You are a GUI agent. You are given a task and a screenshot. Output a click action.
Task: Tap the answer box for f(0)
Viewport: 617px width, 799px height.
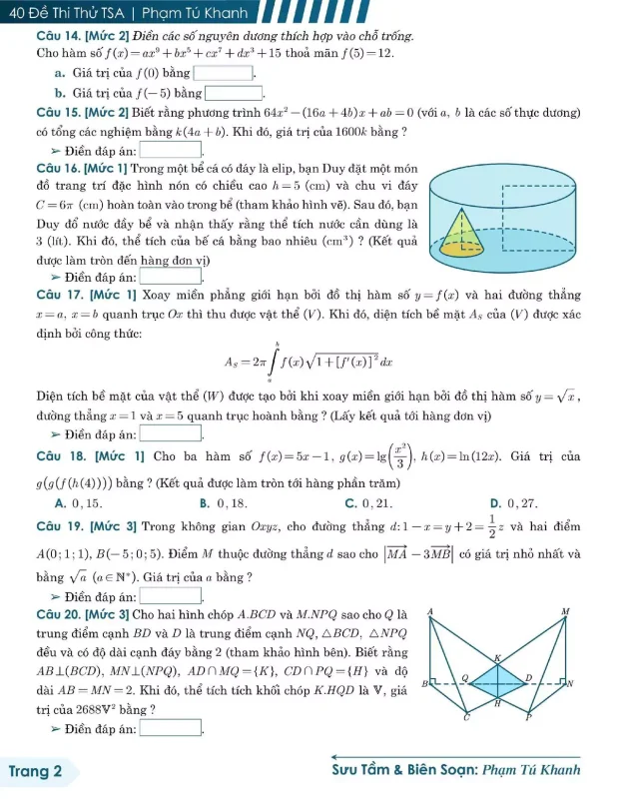click(x=225, y=73)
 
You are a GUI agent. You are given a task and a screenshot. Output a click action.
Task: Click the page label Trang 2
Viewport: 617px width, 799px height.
click(x=35, y=771)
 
